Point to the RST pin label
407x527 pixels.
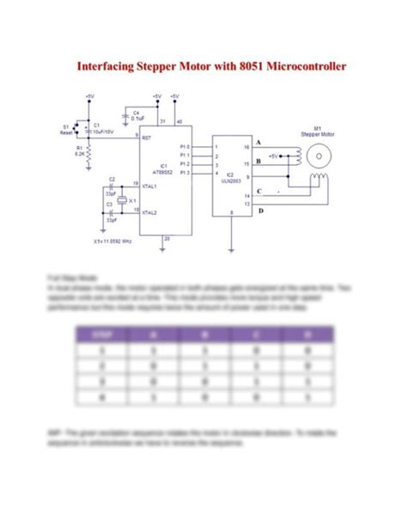click(x=147, y=137)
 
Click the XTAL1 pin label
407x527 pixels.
click(x=150, y=185)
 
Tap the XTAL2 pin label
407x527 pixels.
click(x=150, y=211)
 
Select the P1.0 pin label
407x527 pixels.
click(x=184, y=146)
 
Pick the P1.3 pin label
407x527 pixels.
click(x=184, y=173)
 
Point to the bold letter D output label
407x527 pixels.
click(x=261, y=210)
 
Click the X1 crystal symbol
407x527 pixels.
click(x=122, y=199)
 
